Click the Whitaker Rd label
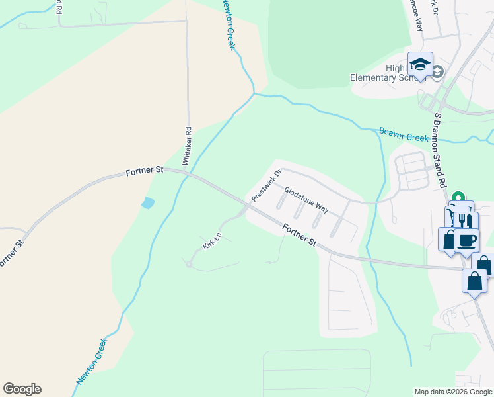[x=188, y=146]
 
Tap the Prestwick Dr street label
[x=266, y=185]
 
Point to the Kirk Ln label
[x=211, y=241]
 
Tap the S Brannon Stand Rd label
[x=441, y=150]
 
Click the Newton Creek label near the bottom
[x=91, y=361]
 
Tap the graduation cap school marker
[x=420, y=64]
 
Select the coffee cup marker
[x=467, y=239]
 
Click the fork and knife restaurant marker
[x=466, y=221]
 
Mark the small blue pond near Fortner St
[x=148, y=203]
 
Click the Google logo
[x=22, y=389]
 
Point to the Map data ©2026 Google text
[x=453, y=392]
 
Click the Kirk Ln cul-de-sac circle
[x=189, y=264]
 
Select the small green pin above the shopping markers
[x=461, y=196]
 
